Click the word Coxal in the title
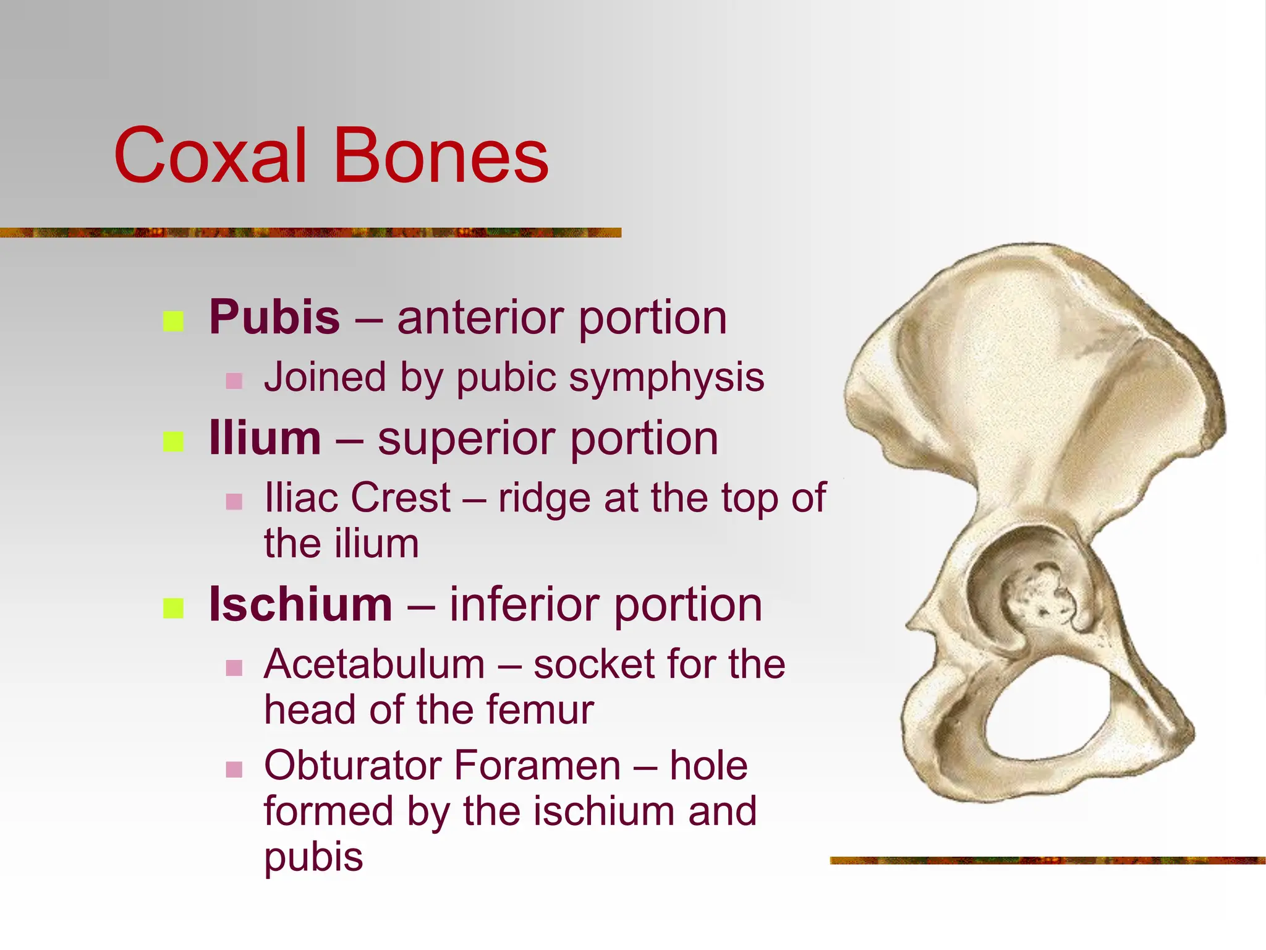click(x=210, y=156)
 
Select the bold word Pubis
click(x=274, y=317)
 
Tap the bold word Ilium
click(x=265, y=438)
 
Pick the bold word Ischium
click(x=300, y=604)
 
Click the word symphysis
click(x=666, y=379)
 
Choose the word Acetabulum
click(x=374, y=664)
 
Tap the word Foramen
click(x=537, y=766)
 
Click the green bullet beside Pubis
click(x=173, y=321)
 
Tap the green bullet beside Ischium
click(x=173, y=608)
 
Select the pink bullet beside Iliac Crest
click(x=234, y=501)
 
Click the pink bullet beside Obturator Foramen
click(x=234, y=769)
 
